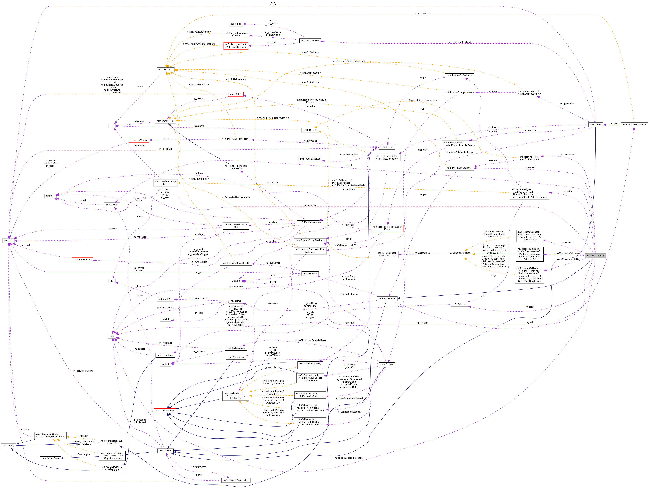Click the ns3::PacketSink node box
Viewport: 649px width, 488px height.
pyautogui.click(x=595, y=256)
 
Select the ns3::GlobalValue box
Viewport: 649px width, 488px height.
pyautogui.click(x=310, y=40)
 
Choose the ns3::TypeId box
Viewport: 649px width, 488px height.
pyautogui.click(x=112, y=205)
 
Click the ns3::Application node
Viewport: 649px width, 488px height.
pyautogui.click(x=387, y=298)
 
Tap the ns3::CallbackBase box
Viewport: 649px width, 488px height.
pyautogui.click(x=165, y=411)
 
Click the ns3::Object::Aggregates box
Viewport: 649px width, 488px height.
pyautogui.click(x=236, y=480)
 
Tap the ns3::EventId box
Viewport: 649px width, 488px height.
pyautogui.click(x=310, y=274)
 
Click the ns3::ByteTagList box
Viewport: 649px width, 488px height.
pyautogui.click(x=83, y=260)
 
